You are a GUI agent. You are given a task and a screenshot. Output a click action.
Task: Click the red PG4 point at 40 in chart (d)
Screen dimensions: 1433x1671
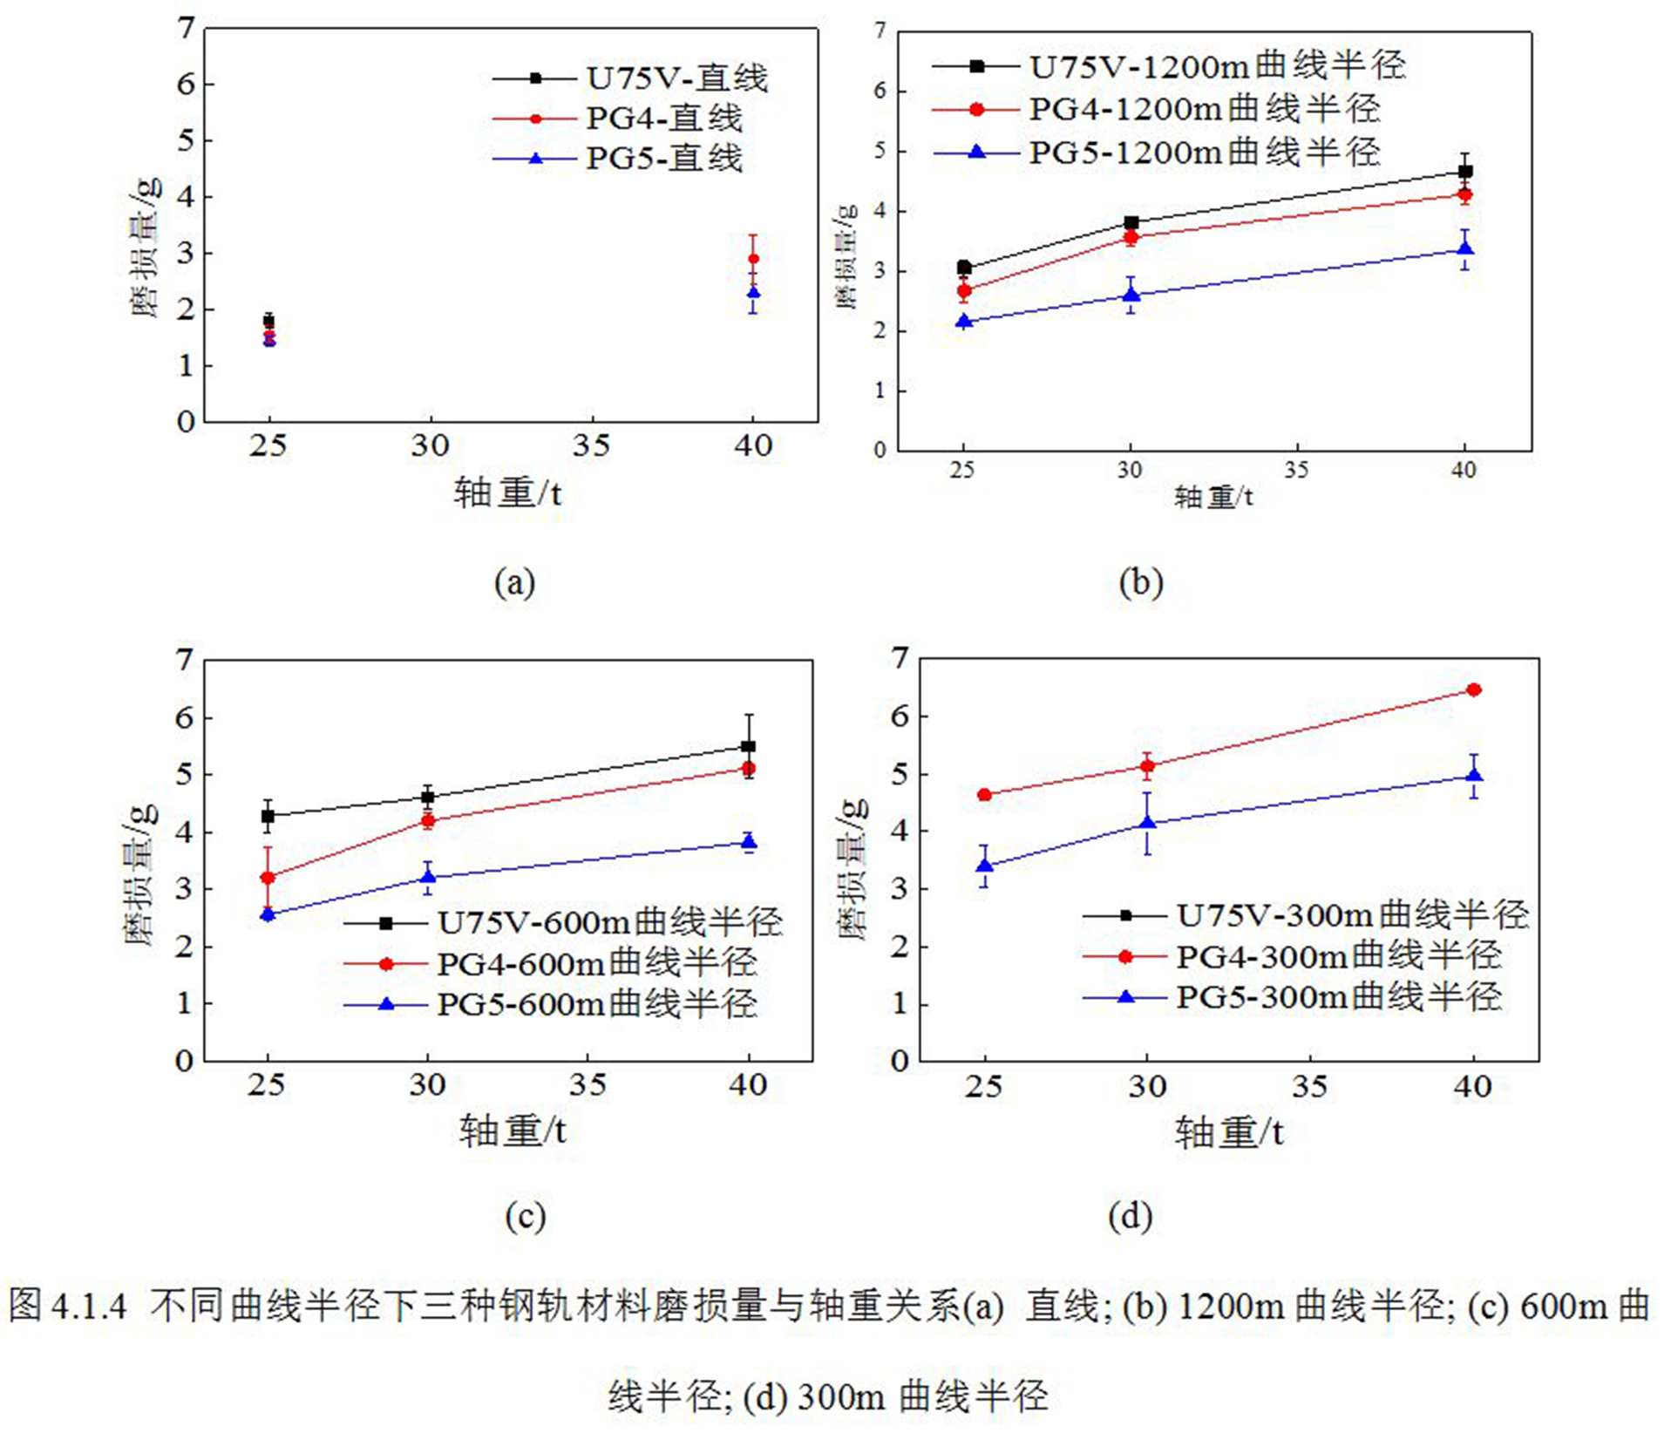pos(1474,690)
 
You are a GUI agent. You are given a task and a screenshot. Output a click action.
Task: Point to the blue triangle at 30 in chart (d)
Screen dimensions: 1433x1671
pos(1147,823)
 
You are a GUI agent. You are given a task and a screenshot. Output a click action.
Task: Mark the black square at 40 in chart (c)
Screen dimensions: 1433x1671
pos(748,746)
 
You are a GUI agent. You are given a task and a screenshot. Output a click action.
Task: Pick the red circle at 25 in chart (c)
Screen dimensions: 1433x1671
pos(268,878)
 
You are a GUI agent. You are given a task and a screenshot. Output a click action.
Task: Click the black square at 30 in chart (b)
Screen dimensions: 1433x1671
pos(1131,223)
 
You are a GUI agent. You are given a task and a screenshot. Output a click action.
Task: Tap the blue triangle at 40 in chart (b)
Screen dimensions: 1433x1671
pos(1465,249)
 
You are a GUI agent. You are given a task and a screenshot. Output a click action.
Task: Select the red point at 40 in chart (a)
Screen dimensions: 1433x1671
pos(753,259)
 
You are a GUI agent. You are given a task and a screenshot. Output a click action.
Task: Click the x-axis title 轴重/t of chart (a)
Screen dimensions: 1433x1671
pos(508,494)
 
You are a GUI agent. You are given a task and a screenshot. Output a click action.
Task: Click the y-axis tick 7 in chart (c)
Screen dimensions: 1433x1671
pos(184,661)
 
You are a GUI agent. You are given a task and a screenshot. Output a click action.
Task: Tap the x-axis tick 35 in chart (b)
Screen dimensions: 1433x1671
pos(1296,471)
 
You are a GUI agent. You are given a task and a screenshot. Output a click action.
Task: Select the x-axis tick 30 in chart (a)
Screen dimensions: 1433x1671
pos(430,447)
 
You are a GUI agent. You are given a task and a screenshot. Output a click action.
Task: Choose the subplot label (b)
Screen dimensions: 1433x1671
pos(1140,582)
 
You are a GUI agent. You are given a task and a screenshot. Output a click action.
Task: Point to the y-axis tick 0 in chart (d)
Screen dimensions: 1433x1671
pos(900,1062)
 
